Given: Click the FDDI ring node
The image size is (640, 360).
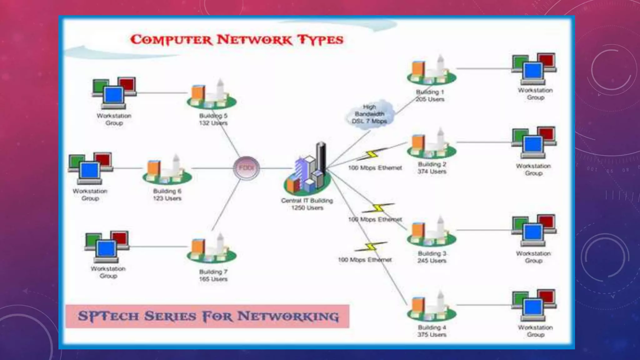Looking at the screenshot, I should click(247, 168).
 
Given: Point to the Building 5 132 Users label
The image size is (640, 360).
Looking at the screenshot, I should click(213, 119).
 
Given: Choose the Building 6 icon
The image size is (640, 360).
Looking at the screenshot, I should click(167, 170).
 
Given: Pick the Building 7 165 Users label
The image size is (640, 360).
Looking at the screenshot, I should click(213, 275).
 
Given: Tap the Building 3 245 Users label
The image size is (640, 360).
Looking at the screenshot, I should click(432, 257).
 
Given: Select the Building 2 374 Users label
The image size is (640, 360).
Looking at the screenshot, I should click(432, 168).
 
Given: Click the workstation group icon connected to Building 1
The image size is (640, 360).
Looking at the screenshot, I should click(534, 69).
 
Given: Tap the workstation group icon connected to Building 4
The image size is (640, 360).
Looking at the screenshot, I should click(534, 306).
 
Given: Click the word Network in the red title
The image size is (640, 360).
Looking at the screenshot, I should click(255, 40).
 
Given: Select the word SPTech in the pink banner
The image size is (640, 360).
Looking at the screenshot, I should click(108, 316).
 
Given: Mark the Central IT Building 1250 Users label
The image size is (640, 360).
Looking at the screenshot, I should click(307, 204).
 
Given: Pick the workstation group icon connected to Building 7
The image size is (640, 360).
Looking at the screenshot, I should click(107, 247).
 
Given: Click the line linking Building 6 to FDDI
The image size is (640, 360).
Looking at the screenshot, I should click(212, 168).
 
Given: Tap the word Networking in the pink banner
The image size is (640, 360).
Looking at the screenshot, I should click(287, 316).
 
